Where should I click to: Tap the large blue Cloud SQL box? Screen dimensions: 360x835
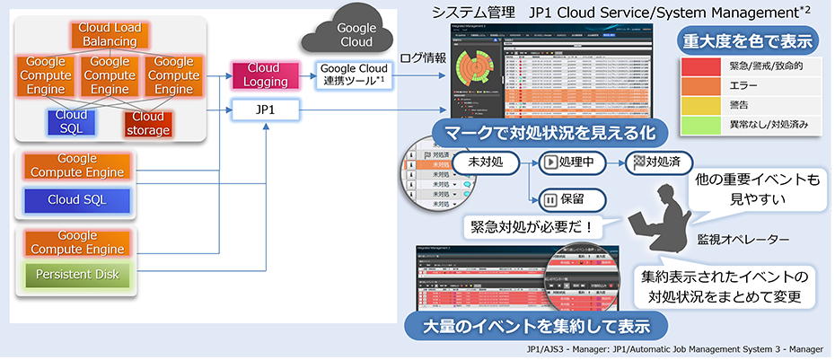tap(78, 198)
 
